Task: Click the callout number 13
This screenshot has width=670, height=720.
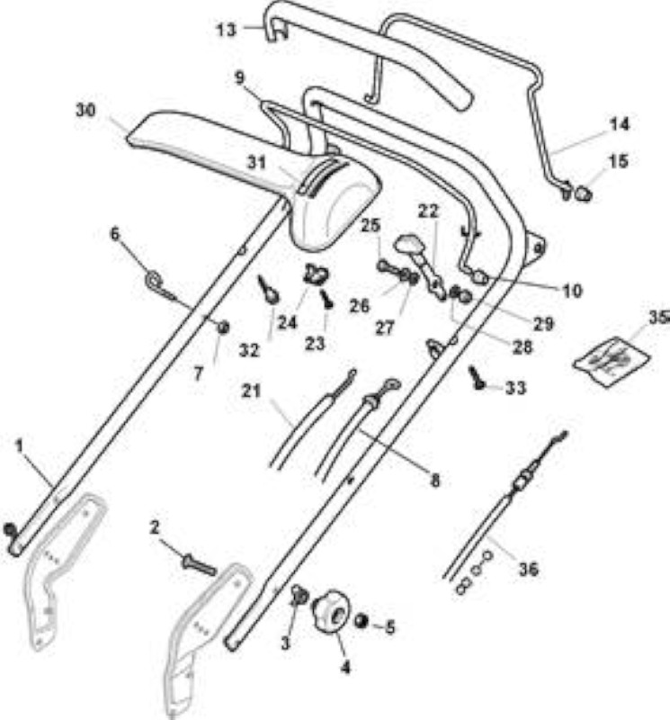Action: pos(227,31)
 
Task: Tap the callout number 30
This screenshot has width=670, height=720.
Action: pos(85,111)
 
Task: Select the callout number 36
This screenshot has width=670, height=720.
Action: pos(528,570)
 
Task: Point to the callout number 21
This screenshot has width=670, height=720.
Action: pos(251,391)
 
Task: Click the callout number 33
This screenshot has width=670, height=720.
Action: pos(515,388)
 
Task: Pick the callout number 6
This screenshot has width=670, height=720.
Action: pos(115,234)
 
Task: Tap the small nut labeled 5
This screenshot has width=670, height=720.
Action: pos(362,621)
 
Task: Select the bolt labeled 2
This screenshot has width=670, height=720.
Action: pos(199,565)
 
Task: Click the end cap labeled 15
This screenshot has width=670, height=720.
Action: pos(584,193)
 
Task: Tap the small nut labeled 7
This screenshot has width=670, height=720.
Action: pos(224,328)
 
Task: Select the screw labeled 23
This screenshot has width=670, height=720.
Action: pos(327,300)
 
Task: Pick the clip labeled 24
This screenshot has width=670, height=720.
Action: pos(316,274)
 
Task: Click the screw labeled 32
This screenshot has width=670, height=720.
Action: pos(267,289)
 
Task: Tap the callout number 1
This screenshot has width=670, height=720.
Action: pos(19,445)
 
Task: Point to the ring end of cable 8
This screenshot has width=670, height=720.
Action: pos(391,383)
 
